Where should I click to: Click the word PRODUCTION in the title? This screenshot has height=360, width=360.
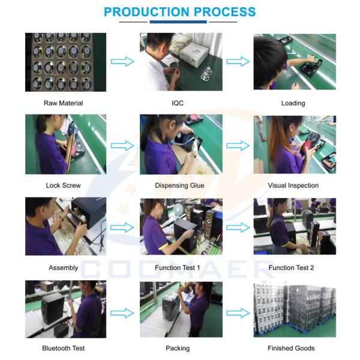[146, 12]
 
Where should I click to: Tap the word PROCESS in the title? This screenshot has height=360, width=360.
[225, 12]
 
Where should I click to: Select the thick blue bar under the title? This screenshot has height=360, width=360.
[178, 22]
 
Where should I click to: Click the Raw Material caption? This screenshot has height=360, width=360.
[64, 103]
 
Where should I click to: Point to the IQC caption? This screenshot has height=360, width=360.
[178, 103]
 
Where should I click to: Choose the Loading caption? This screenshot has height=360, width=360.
[293, 103]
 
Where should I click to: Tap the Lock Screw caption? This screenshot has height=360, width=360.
[64, 185]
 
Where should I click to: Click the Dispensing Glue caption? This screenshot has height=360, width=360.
[179, 185]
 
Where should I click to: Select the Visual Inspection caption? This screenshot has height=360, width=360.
[293, 185]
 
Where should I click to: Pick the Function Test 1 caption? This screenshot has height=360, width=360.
[178, 268]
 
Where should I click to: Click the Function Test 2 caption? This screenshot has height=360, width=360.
[291, 268]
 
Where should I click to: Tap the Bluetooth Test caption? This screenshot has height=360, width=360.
[64, 348]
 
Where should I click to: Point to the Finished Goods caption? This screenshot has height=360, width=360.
[291, 348]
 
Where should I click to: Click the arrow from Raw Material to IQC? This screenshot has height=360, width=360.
[122, 62]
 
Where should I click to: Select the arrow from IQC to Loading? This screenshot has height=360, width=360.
[238, 62]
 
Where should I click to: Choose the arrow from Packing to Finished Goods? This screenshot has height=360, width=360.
[238, 313]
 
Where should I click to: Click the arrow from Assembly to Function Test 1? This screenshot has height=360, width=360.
[122, 227]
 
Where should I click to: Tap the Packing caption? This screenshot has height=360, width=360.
[178, 349]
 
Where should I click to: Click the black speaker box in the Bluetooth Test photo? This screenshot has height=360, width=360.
[53, 307]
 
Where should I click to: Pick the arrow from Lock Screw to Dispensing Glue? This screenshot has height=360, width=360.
[122, 146]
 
